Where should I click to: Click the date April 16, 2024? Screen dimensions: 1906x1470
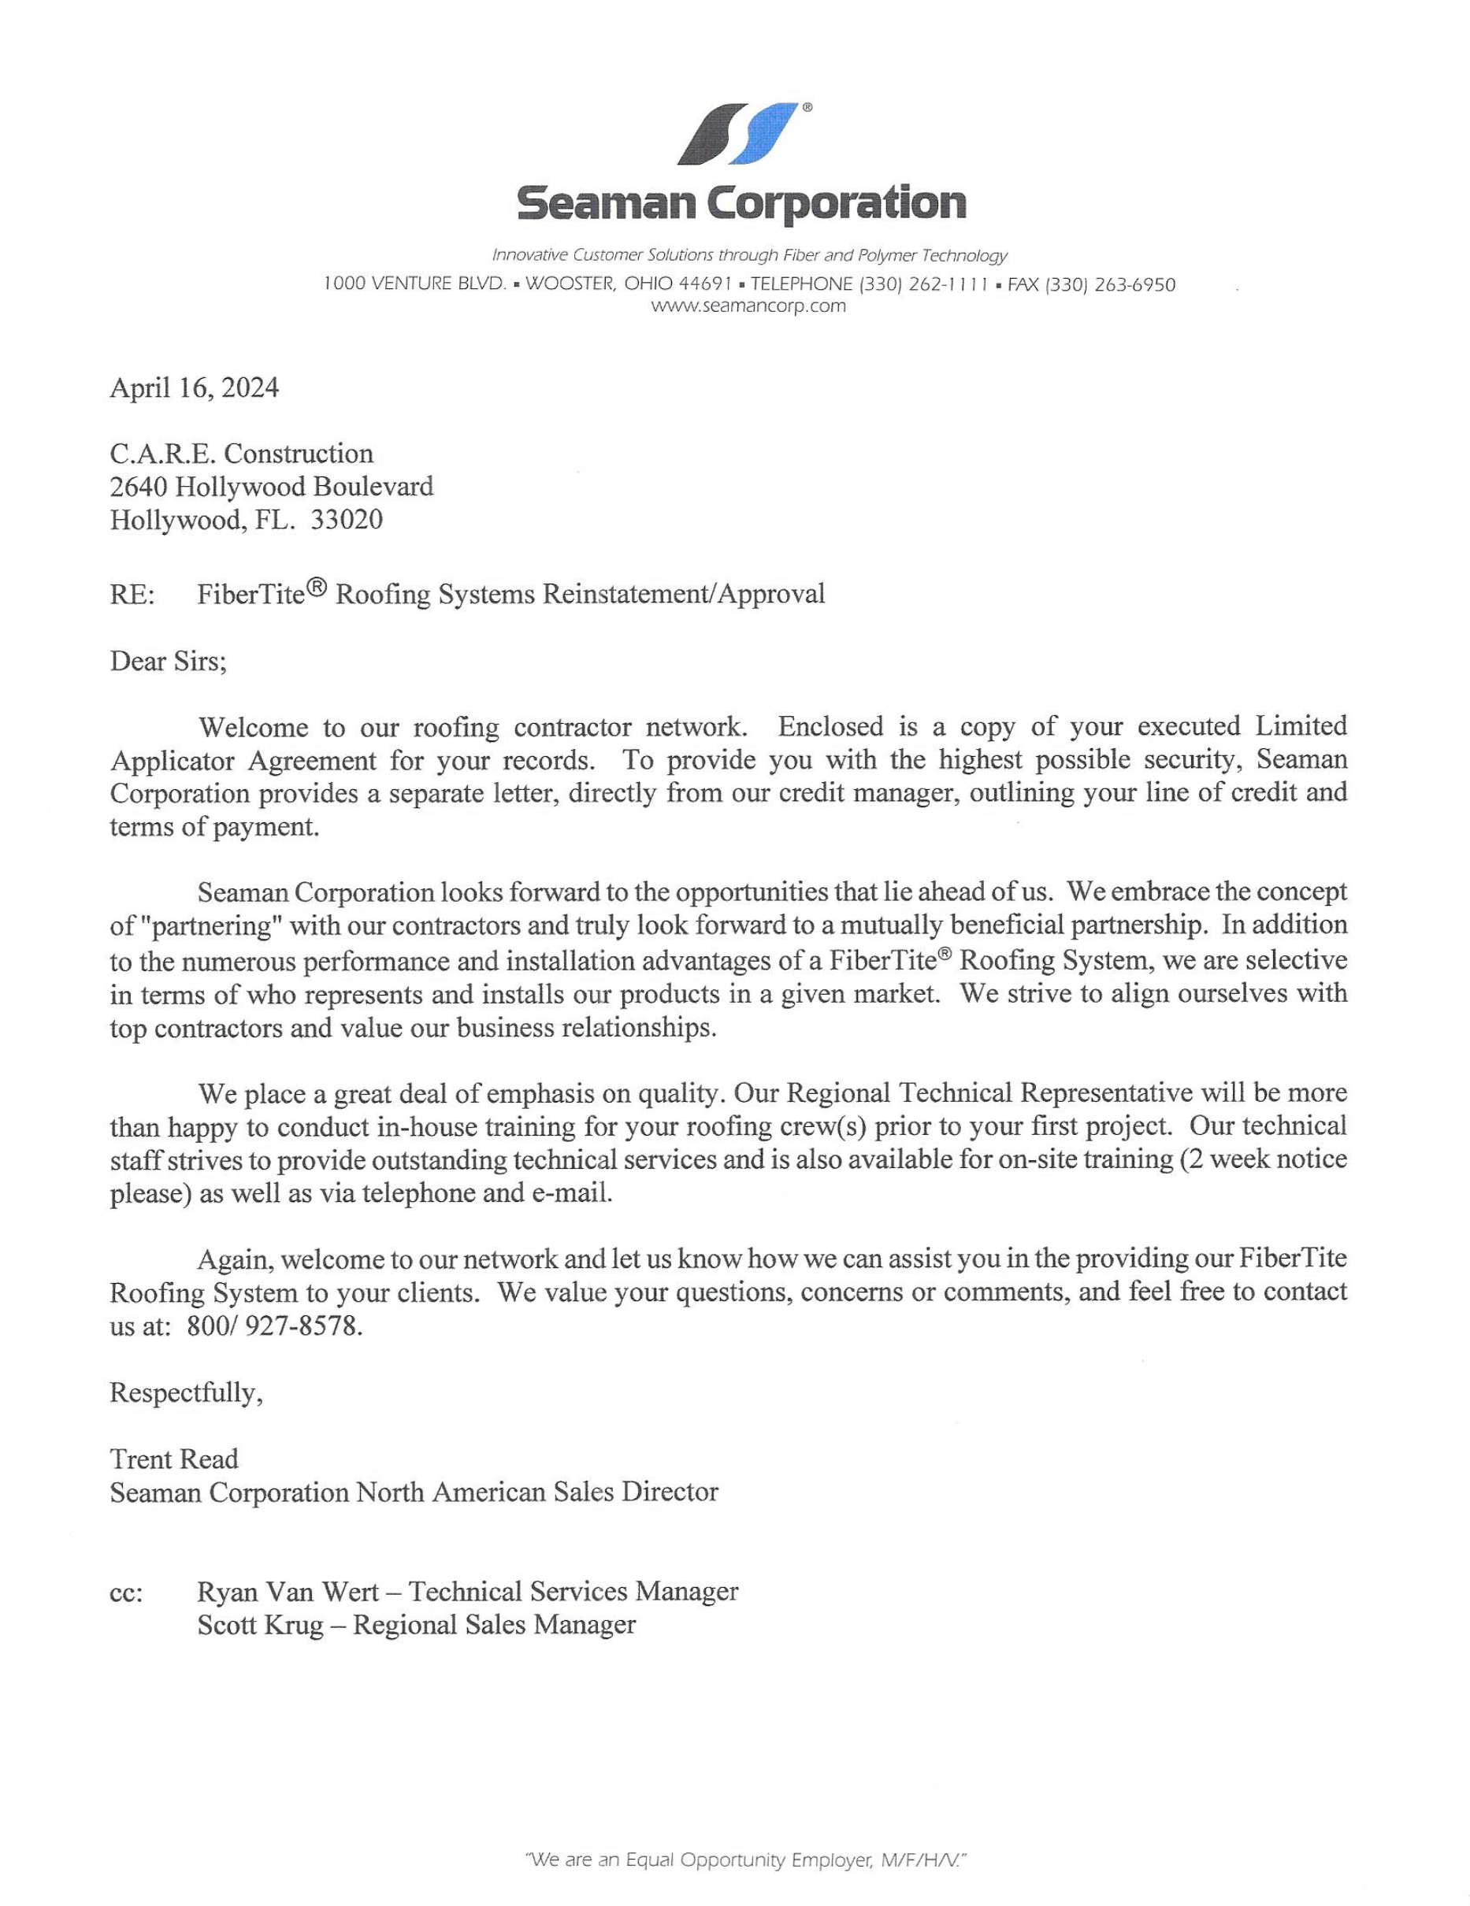194,387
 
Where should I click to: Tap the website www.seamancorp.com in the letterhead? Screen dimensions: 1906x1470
748,306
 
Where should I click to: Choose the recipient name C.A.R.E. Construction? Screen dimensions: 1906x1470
241,453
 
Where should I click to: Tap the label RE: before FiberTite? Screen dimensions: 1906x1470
132,595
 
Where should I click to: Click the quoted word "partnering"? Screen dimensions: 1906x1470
203,925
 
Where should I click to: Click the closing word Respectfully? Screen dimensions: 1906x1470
186,1392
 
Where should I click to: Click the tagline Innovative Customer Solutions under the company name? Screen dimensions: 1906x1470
749,255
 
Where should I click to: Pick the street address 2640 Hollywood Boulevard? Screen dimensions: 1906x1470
271,486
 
